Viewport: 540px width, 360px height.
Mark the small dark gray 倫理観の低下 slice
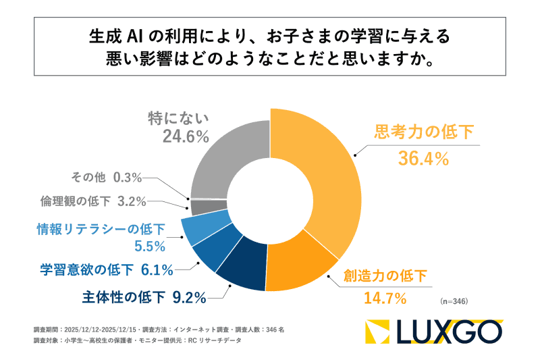200,206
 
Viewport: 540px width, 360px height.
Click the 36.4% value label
423,159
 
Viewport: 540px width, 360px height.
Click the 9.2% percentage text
188,294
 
